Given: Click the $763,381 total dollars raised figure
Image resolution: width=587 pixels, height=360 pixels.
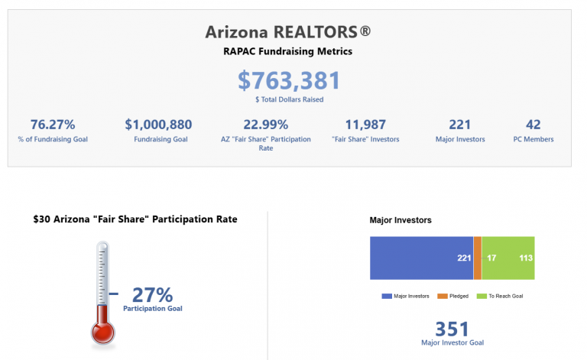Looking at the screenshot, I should coord(289,81).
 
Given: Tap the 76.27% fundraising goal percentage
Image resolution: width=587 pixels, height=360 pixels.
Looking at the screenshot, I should coord(52,125).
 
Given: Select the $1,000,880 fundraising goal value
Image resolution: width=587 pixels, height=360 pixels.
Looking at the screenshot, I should coord(158,125).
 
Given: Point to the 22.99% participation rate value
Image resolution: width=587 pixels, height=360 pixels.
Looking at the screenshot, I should coord(265,125).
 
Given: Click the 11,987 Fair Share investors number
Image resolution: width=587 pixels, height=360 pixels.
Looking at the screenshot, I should coord(365,125).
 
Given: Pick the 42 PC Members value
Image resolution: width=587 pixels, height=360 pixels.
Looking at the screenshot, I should coord(533,125).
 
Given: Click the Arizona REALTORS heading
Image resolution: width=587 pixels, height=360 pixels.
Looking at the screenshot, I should coord(289,32).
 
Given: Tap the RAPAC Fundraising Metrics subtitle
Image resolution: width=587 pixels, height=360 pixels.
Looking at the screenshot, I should coord(289,52).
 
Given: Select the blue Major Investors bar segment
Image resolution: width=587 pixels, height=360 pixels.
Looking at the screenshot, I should coord(421,258).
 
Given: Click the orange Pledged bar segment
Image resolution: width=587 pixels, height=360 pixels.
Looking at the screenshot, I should coord(478,258).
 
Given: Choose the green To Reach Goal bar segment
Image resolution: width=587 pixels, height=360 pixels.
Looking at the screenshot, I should coord(508,258).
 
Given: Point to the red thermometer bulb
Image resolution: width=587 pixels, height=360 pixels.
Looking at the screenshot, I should coord(102,331).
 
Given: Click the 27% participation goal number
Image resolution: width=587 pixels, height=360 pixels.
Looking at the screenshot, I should coord(153,294).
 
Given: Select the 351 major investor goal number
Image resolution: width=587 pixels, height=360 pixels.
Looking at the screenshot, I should coord(452,329).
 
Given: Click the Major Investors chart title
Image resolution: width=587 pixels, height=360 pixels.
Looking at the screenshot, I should coord(401,220).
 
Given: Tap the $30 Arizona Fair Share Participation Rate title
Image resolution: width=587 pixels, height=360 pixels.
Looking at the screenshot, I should coord(135,219).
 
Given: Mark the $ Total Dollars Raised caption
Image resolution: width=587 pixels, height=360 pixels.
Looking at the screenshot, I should coord(289,99).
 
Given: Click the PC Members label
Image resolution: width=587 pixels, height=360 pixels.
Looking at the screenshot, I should coord(533,139).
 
